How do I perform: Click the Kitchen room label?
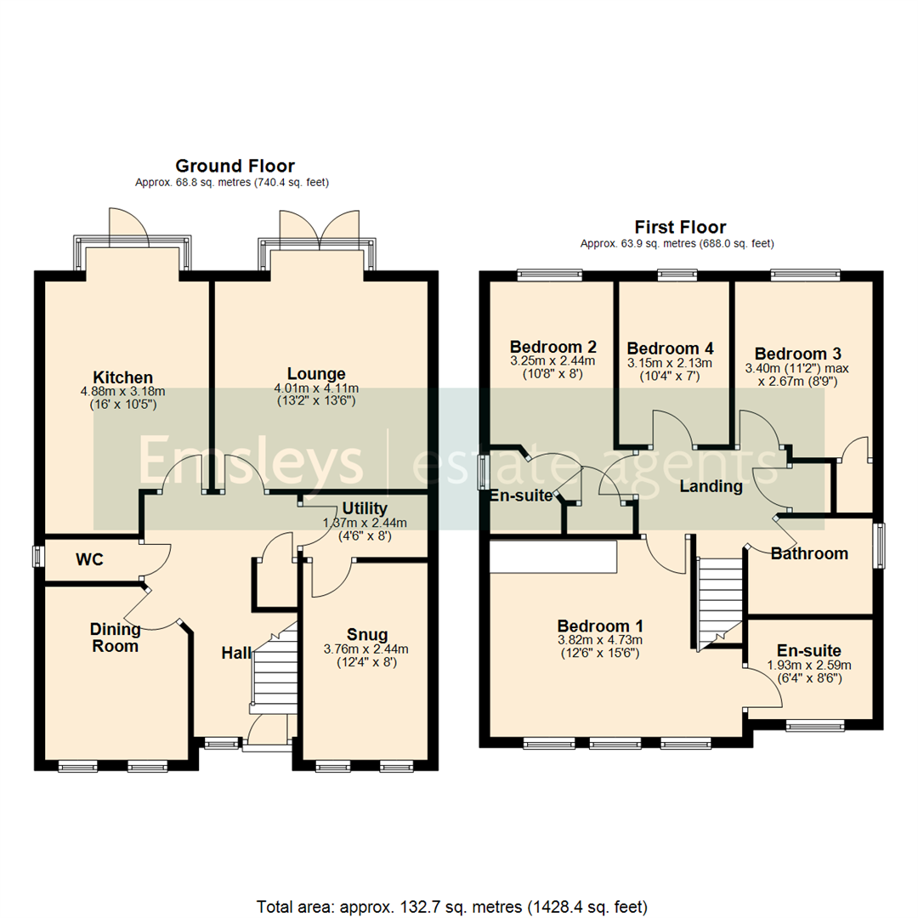pos(123,377)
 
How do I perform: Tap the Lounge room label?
pos(316,374)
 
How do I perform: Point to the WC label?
pos(90,560)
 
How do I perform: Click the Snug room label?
pos(367,634)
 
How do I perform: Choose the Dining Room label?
pos(115,637)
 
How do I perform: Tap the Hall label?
pos(236,653)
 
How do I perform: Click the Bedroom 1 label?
pos(598,624)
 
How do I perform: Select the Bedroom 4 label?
pos(670,348)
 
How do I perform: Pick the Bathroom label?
pos(809,554)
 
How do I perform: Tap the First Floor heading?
pos(680,227)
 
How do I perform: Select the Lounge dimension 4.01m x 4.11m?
pos(316,389)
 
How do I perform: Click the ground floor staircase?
pos(274,671)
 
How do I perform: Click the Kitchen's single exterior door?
pos(131,228)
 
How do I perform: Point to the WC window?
pos(38,557)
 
